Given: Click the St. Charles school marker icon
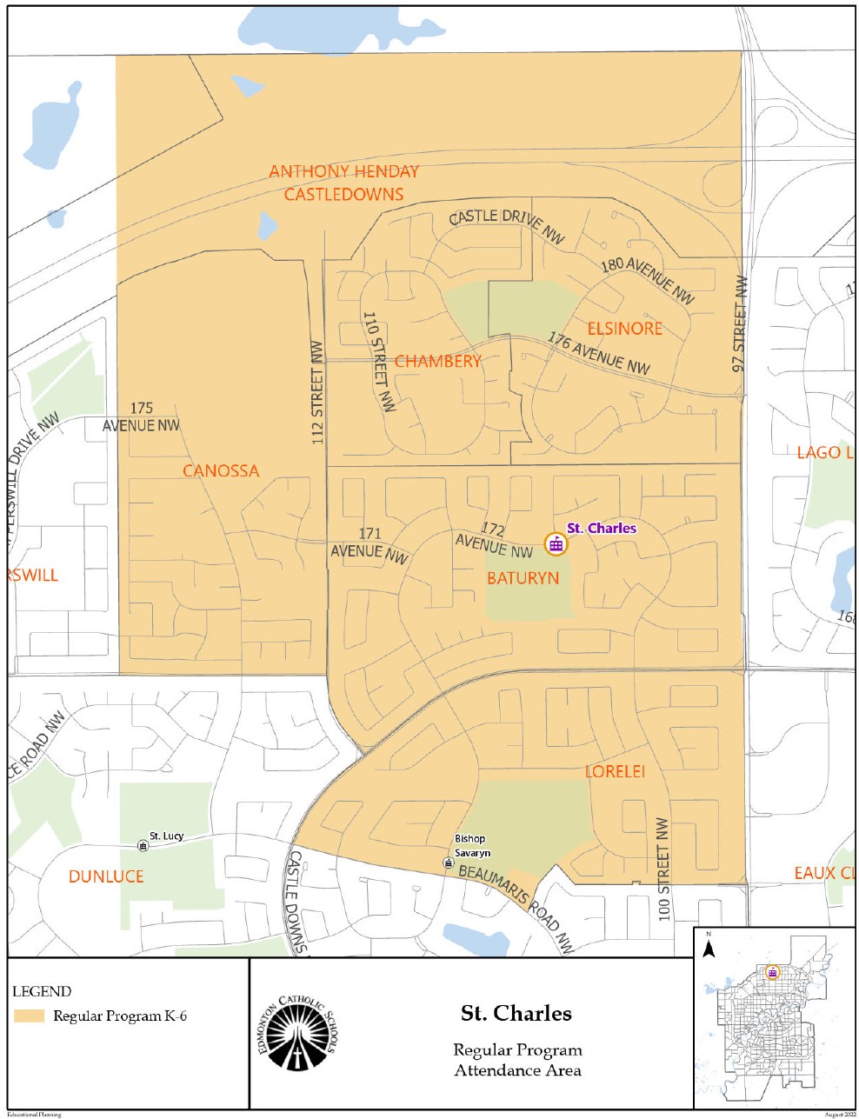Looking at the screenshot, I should [555, 544].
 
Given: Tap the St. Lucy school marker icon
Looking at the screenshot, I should [143, 845].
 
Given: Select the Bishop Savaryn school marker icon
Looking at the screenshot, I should [448, 863].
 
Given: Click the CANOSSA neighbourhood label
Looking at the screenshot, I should [221, 471].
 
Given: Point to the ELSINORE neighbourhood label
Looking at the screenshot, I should [624, 329].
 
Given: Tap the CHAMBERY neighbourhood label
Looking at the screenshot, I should [437, 362].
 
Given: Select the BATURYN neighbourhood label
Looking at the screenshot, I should [523, 578].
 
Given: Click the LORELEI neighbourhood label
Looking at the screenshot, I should [615, 771].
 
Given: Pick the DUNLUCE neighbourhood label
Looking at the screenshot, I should [106, 876].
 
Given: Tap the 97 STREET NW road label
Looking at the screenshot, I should [740, 324].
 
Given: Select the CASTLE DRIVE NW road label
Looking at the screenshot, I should [507, 225].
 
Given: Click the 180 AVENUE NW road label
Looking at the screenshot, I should [648, 281].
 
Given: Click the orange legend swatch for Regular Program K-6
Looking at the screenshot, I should [29, 1016].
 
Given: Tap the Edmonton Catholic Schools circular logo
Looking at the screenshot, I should [297, 1035].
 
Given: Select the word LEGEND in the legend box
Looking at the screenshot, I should [42, 991].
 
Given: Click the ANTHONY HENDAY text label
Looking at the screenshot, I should [343, 171].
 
